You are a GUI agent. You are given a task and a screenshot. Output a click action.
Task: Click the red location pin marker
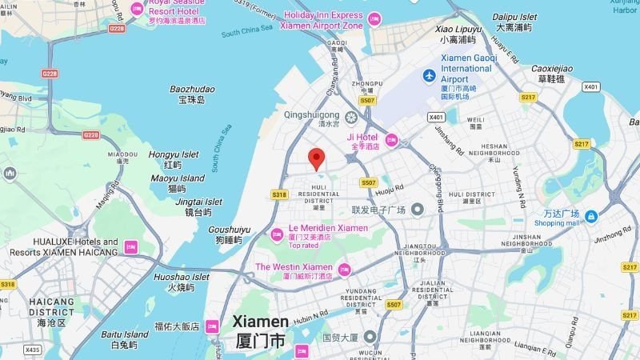tap(317, 158)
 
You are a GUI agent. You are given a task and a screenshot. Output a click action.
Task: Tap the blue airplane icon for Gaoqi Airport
tap(430, 75)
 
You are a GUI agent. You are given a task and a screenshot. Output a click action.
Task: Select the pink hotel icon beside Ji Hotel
tap(392, 141)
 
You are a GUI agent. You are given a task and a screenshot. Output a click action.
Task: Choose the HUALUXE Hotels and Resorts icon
tap(130, 247)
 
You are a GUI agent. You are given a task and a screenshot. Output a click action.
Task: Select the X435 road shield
tap(33, 350)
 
